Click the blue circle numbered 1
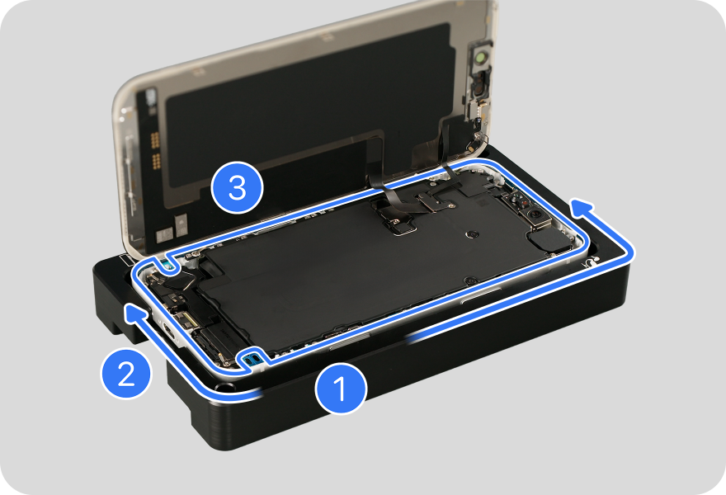point(341,389)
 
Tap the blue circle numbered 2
point(126,373)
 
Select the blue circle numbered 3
point(237,187)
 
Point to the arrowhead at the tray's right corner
point(582,206)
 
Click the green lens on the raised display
point(482,58)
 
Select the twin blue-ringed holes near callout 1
point(252,358)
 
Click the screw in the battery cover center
point(473,234)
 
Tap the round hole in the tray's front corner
point(224,387)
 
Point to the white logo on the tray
point(589,263)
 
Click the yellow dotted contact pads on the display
point(156,149)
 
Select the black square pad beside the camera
point(549,241)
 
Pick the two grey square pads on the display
point(172,229)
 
